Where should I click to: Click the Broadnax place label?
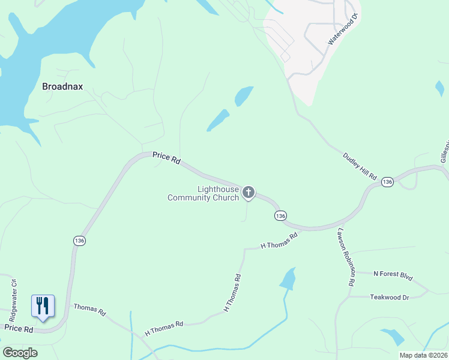pyautogui.click(x=62, y=86)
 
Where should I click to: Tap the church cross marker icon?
pyautogui.click(x=249, y=193)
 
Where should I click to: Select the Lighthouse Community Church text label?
pyautogui.click(x=203, y=194)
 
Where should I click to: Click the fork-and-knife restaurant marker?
pyautogui.click(x=43, y=306)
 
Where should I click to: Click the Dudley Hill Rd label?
pyautogui.click(x=360, y=166)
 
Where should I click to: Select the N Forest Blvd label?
pyautogui.click(x=393, y=276)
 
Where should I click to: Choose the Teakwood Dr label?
pyautogui.click(x=389, y=297)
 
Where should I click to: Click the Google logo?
pyautogui.click(x=20, y=353)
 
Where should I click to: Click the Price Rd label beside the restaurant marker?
pyautogui.click(x=18, y=328)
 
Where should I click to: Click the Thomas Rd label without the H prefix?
pyautogui.click(x=89, y=310)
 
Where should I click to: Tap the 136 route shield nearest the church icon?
pyautogui.click(x=280, y=215)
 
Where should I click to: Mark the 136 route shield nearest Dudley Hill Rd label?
pyautogui.click(x=387, y=181)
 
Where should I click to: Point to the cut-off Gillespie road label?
pyautogui.click(x=444, y=152)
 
